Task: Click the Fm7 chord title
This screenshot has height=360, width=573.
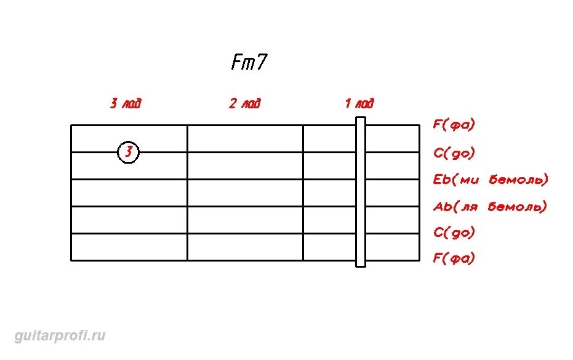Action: [x=249, y=63]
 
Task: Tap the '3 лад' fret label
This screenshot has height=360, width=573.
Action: [x=126, y=103]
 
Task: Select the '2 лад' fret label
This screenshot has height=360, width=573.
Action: [x=245, y=103]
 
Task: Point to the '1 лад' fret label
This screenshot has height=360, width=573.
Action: [x=359, y=103]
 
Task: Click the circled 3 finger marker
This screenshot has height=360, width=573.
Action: [x=128, y=151]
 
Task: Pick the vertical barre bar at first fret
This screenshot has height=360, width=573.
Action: [x=361, y=192]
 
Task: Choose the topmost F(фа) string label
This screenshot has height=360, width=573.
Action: [x=454, y=125]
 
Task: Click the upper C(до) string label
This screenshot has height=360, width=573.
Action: [x=454, y=153]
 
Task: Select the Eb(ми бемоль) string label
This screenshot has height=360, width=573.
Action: [x=491, y=180]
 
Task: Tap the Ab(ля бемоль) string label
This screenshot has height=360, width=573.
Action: [x=491, y=207]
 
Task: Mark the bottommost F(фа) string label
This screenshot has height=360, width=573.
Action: [x=454, y=258]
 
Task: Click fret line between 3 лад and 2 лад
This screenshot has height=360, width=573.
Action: [x=187, y=192]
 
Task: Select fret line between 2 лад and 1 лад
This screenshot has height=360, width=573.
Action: [x=303, y=192]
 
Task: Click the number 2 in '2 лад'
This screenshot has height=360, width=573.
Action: [x=233, y=103]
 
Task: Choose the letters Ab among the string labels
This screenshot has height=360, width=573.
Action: [x=443, y=207]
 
